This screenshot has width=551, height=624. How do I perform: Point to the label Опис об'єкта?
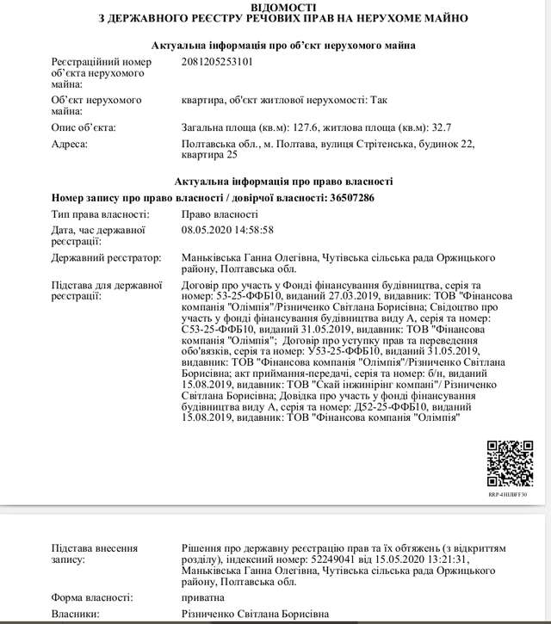84,127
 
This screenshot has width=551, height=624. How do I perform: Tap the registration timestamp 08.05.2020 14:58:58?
227,231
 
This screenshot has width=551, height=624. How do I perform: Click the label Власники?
75,615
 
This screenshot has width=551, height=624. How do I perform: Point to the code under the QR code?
508,496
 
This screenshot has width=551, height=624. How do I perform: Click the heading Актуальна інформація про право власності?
283,182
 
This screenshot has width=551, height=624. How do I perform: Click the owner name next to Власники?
255,615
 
